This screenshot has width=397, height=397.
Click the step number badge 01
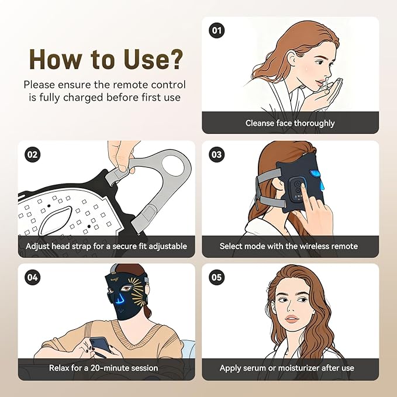coord(217,30)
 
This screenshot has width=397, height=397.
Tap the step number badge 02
coord(32,154)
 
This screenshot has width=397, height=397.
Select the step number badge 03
coord(217,154)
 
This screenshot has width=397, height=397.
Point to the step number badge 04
coord(32,277)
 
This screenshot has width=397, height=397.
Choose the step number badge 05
coord(217,277)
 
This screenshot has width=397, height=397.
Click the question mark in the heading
coord(174,59)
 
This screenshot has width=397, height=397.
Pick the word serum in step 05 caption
coord(254,368)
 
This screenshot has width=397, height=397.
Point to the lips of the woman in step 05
coord(292,318)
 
